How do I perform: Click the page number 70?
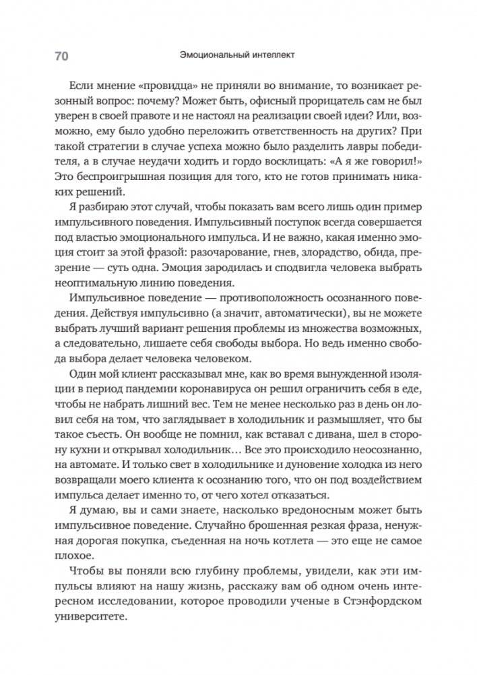click(x=59, y=56)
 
